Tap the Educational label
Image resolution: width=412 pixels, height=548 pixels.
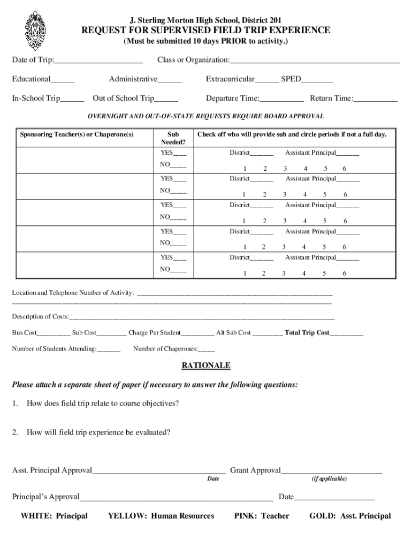click(x=32, y=79)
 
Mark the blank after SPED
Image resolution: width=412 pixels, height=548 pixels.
click(x=317, y=81)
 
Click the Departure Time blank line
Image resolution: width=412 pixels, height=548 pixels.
click(x=281, y=100)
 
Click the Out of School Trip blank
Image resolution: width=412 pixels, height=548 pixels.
click(x=166, y=100)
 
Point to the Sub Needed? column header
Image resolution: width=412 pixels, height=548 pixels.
click(x=173, y=138)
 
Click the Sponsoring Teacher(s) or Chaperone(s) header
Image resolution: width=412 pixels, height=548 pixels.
click(x=77, y=134)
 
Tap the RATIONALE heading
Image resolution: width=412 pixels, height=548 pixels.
click(x=206, y=366)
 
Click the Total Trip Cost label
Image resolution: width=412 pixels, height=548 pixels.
click(x=307, y=332)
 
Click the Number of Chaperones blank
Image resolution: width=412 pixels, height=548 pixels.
click(x=206, y=351)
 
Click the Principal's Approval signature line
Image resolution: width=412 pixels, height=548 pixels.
click(x=176, y=499)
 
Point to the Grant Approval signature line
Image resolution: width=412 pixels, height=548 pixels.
click(x=331, y=473)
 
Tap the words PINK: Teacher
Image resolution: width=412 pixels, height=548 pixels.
click(x=262, y=516)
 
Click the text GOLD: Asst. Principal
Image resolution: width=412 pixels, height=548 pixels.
click(x=350, y=516)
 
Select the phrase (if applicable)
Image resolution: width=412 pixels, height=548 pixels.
click(x=329, y=478)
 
